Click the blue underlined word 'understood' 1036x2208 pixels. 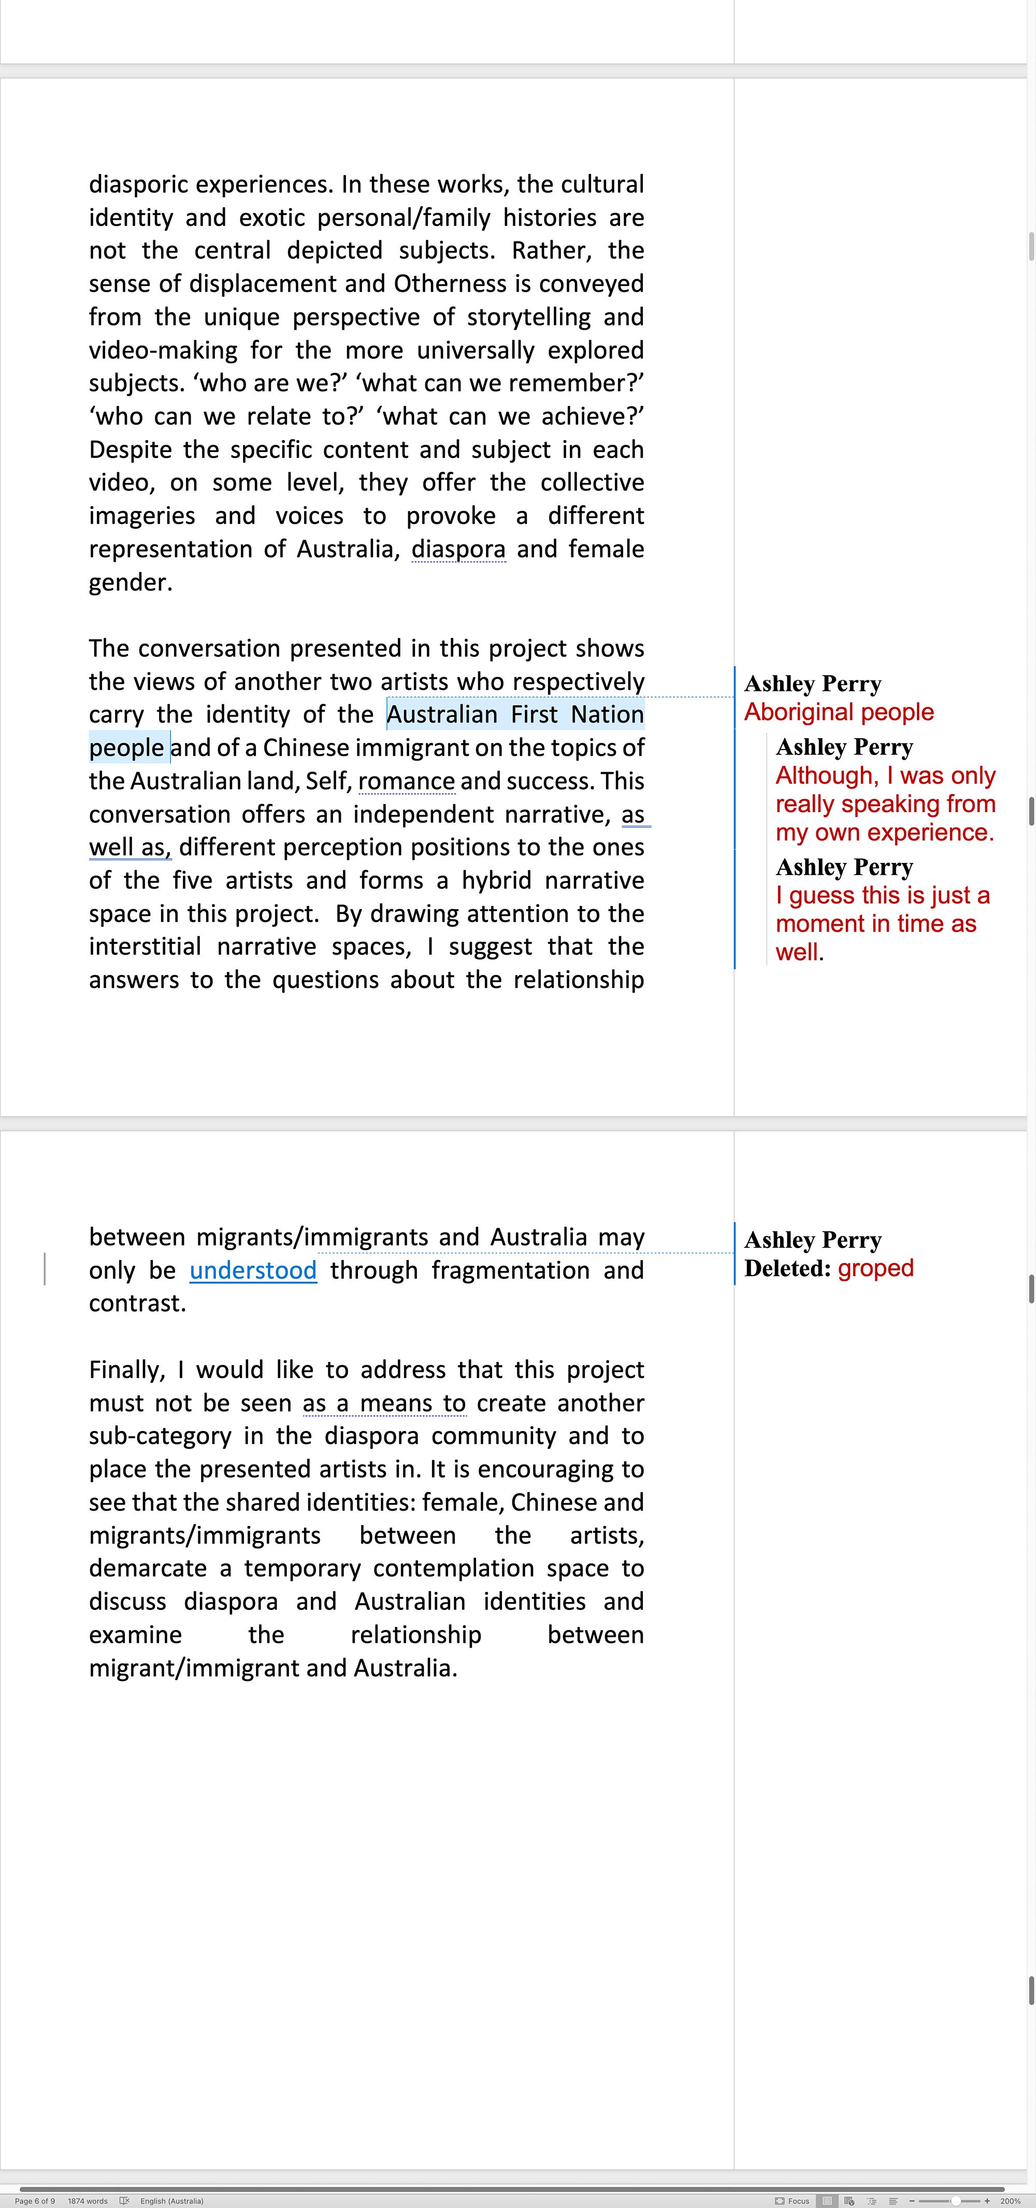[x=253, y=1270]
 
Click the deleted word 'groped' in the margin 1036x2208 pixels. [x=876, y=1269]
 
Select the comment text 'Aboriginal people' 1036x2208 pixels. [x=839, y=712]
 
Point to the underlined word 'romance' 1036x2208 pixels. [x=406, y=782]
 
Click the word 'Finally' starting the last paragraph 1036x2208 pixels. [x=127, y=1370]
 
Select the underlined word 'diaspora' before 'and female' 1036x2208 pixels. [x=458, y=549]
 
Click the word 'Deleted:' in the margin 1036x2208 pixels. [x=787, y=1269]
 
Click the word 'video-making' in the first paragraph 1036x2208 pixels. [x=163, y=350]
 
